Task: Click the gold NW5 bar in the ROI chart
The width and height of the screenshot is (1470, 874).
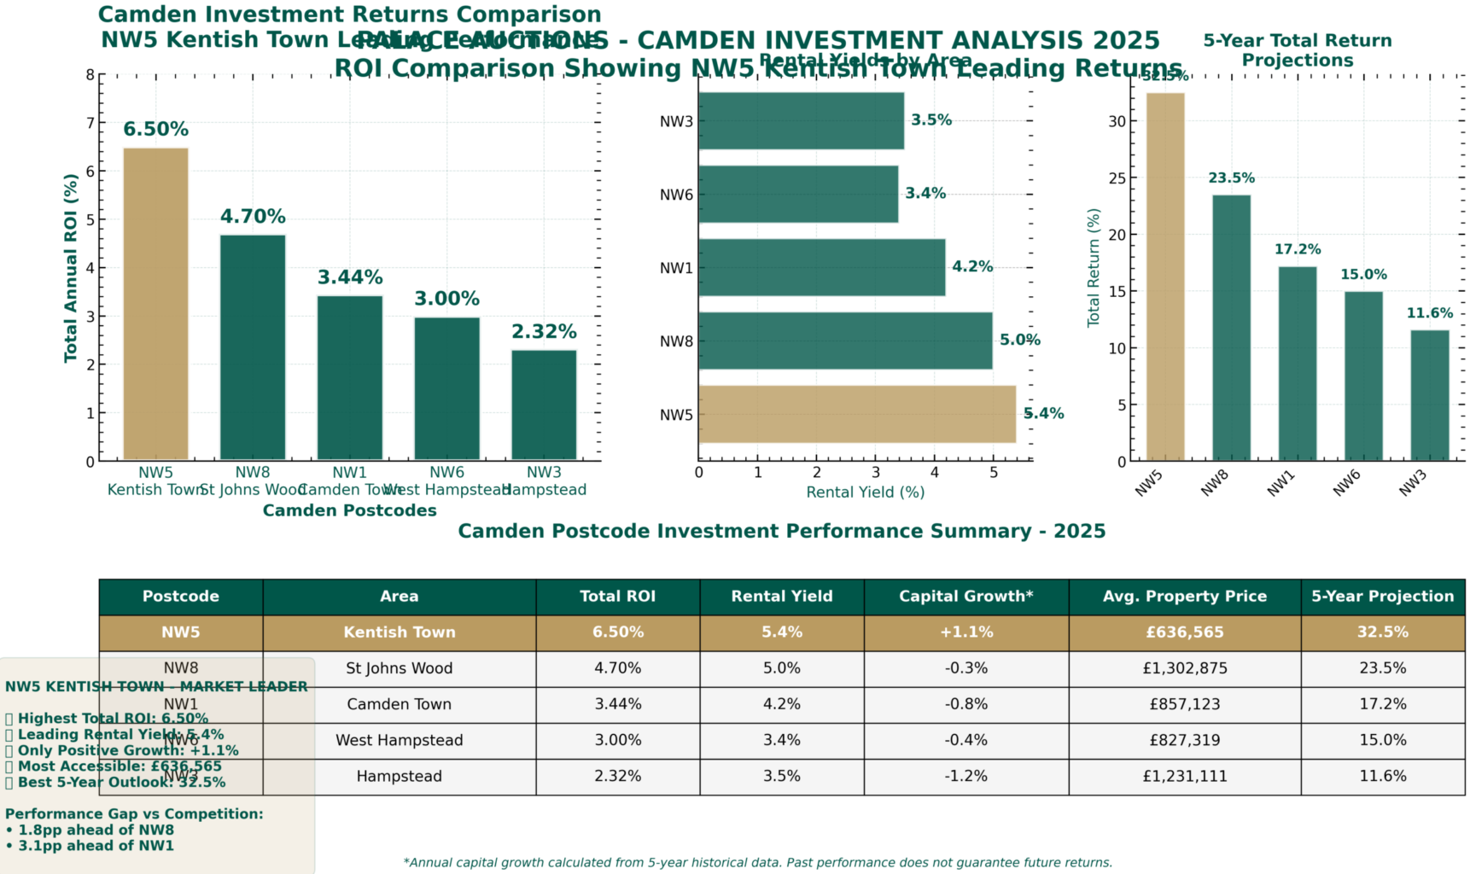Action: (x=155, y=304)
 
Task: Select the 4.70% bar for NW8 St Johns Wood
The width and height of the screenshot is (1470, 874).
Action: (x=253, y=347)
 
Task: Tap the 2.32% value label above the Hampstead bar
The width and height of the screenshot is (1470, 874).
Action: (x=544, y=331)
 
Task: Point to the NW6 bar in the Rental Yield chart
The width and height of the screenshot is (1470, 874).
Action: (x=798, y=194)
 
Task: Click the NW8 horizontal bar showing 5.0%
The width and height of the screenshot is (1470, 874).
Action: (x=845, y=341)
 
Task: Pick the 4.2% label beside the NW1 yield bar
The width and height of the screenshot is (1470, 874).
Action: (x=972, y=266)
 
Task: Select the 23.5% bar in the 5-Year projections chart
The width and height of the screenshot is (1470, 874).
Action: (x=1231, y=328)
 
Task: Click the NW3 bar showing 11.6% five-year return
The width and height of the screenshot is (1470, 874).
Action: (x=1429, y=395)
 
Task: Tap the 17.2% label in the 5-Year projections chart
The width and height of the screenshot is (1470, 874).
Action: (x=1298, y=249)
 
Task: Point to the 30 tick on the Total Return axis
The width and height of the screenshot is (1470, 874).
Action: (x=1117, y=121)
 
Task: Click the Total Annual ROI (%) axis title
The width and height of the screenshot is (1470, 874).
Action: (x=71, y=268)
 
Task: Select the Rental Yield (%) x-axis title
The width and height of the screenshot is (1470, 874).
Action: (x=866, y=492)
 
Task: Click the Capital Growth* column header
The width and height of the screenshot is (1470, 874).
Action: (x=965, y=597)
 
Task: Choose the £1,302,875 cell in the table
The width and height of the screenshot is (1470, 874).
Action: (x=1185, y=668)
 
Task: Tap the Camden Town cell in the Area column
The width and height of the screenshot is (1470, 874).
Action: (x=399, y=704)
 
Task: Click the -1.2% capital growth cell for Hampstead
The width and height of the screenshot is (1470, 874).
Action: (x=965, y=777)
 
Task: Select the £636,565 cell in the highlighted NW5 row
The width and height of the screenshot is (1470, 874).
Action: (x=1185, y=632)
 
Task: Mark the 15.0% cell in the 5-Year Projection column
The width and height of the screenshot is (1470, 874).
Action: (x=1382, y=740)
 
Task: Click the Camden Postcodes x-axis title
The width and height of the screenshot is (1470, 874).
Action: (x=349, y=510)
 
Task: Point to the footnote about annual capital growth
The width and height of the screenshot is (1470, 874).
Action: (x=758, y=863)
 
